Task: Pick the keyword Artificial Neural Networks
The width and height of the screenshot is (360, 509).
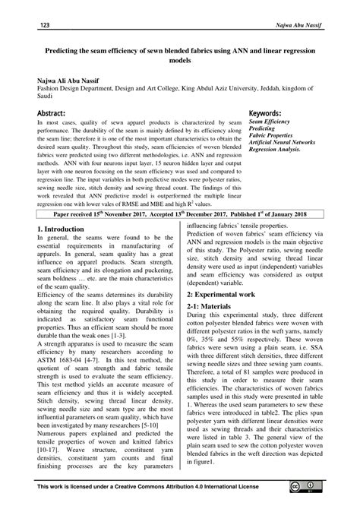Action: coord(293,143)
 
